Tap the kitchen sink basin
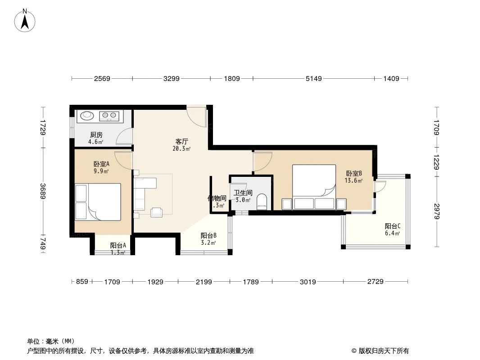pos(87,116)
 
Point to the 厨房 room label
pos(96,135)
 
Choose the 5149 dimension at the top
pos(314,79)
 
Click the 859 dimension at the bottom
pos(81,282)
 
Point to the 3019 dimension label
pos(308,282)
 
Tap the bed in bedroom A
pos(104,202)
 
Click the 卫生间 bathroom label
pos(243,193)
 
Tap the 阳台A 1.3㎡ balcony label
pos(118,248)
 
